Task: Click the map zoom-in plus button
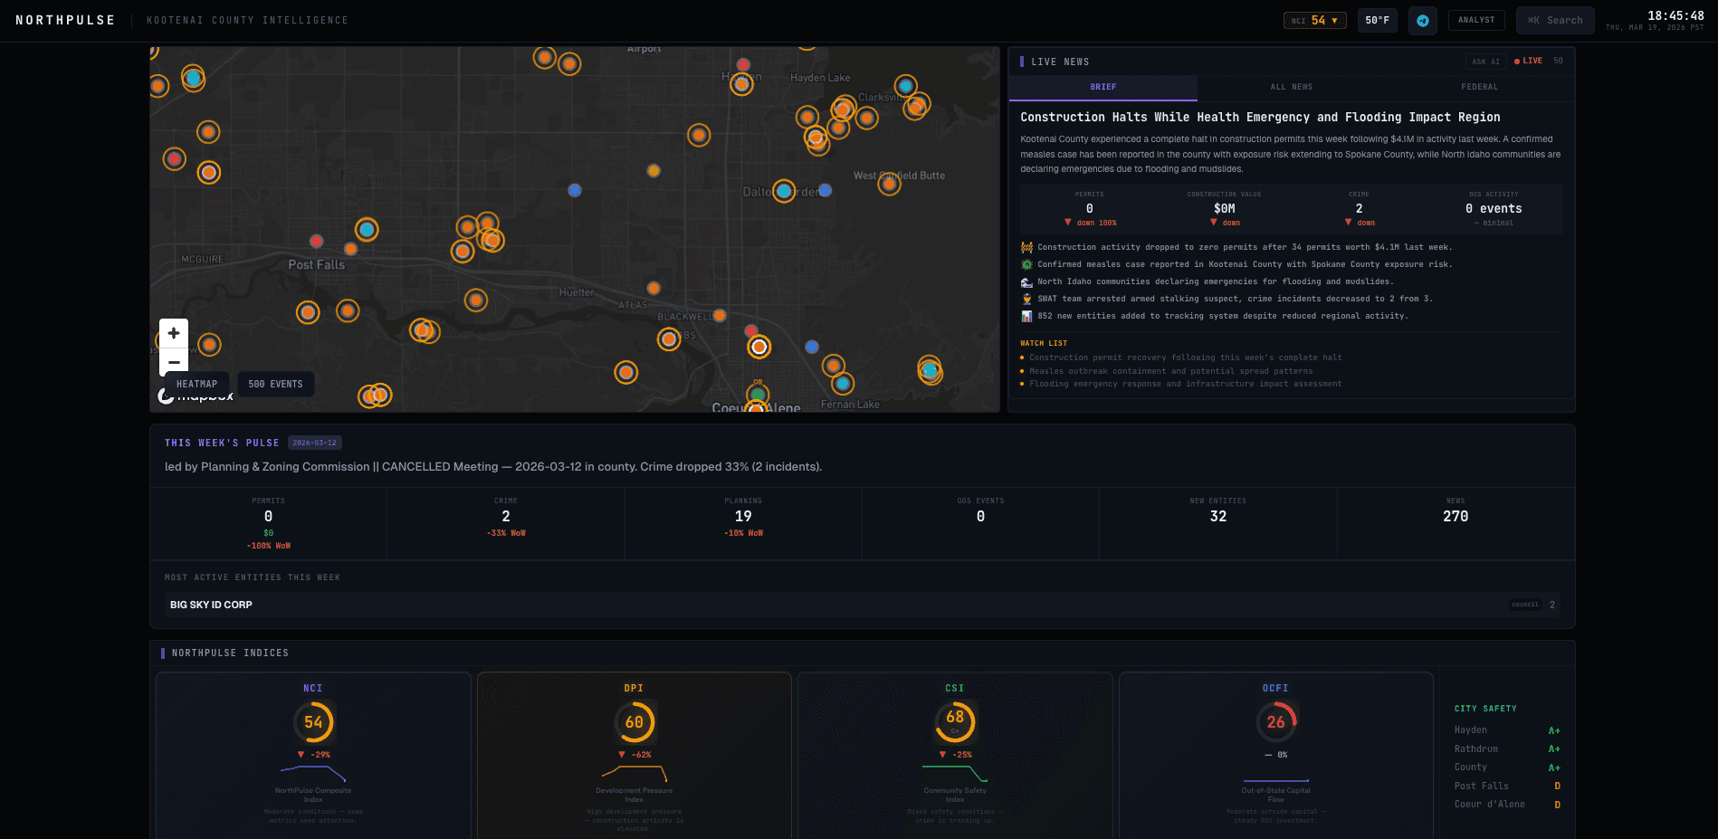click(x=174, y=333)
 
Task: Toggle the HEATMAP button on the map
click(x=196, y=384)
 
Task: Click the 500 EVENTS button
click(x=275, y=384)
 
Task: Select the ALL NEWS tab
click(x=1291, y=87)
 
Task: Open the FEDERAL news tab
click(x=1479, y=87)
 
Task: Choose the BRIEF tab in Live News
click(x=1102, y=87)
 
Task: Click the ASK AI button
click(x=1485, y=62)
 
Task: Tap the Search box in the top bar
click(x=1555, y=20)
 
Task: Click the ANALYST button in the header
click(x=1476, y=20)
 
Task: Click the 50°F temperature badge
click(x=1377, y=20)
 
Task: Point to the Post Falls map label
click(x=316, y=264)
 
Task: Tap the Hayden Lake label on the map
click(x=820, y=78)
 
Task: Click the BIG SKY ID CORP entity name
click(x=211, y=605)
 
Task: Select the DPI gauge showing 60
click(x=634, y=722)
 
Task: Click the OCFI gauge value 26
click(x=1275, y=722)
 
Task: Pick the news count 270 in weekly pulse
click(x=1456, y=516)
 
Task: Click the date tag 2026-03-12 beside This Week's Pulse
click(x=314, y=443)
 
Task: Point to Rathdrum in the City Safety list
click(x=1475, y=748)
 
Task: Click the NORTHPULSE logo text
click(x=65, y=20)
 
